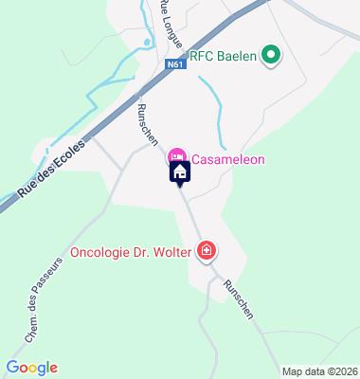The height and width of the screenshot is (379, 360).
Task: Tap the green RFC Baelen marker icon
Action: point(273,54)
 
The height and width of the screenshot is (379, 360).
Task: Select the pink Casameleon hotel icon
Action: point(176,156)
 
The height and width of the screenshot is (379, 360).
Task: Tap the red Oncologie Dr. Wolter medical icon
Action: point(207,251)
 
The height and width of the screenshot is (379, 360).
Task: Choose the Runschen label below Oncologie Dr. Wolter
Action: point(240,301)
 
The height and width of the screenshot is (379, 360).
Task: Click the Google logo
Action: point(31,368)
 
